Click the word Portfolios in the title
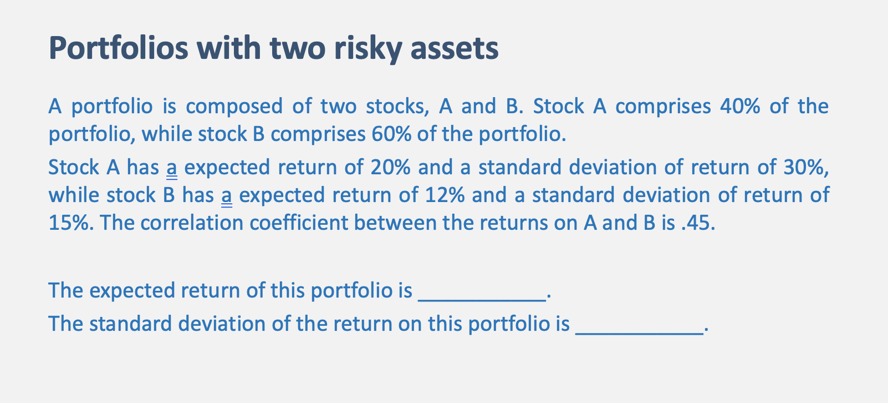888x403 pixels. (119, 48)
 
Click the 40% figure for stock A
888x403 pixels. (740, 106)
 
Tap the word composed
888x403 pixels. (234, 106)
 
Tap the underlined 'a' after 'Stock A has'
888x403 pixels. (172, 168)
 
